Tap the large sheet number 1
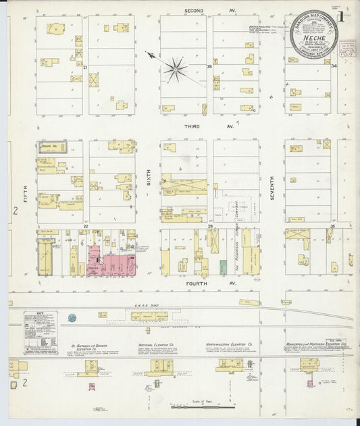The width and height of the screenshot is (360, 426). (x=344, y=18)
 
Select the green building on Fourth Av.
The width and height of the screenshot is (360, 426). (x=224, y=267)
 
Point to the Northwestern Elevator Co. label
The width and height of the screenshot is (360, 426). (x=229, y=344)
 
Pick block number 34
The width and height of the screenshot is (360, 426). (x=334, y=66)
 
